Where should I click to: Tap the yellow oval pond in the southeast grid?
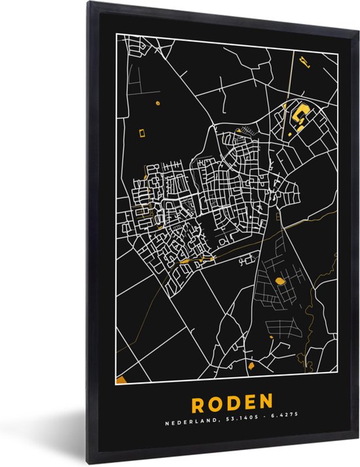tap(281, 281)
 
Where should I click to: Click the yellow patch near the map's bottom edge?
tap(250, 364)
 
